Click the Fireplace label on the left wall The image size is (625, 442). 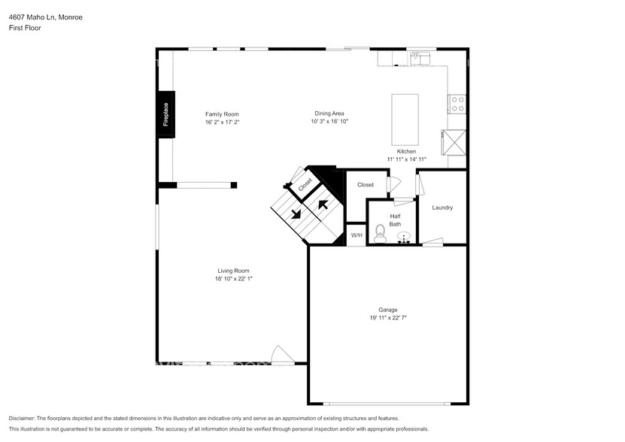[165, 114]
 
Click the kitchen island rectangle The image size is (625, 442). [405, 120]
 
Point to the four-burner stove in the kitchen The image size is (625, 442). [457, 104]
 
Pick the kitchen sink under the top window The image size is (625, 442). [419, 57]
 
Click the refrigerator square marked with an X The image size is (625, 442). [454, 141]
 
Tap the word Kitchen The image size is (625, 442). [406, 151]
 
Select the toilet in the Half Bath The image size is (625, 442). [380, 234]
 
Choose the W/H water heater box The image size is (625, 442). [356, 235]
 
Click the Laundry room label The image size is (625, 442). [442, 207]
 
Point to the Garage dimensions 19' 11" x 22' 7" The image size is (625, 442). [387, 318]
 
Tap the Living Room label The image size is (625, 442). [233, 271]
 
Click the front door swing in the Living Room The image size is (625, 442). [281, 354]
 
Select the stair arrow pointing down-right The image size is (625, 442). [296, 213]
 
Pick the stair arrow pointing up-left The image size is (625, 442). [323, 203]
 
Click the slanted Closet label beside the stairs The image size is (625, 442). [305, 183]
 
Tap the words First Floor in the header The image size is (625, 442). [24, 28]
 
